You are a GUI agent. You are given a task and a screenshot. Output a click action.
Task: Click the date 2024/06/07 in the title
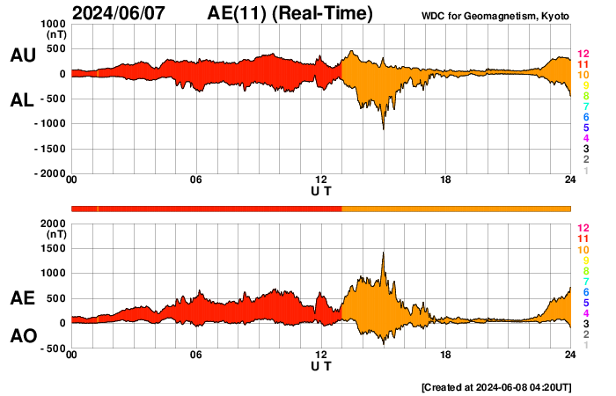tap(126, 13)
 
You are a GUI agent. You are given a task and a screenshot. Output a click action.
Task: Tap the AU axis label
tap(22, 55)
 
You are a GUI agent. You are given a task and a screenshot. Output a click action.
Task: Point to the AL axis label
tap(22, 100)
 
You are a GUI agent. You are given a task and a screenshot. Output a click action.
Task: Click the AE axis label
tap(22, 298)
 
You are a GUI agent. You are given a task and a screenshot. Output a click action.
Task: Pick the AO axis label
tap(22, 336)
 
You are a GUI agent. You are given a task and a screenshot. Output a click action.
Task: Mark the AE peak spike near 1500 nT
tap(383, 253)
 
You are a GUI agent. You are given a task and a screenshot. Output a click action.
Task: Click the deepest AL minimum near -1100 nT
tap(383, 128)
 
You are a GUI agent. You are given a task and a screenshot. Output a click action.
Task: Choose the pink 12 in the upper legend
tap(583, 54)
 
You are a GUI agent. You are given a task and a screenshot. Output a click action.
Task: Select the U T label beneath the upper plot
tap(321, 190)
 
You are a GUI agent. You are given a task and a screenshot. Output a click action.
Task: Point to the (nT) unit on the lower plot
tap(54, 235)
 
